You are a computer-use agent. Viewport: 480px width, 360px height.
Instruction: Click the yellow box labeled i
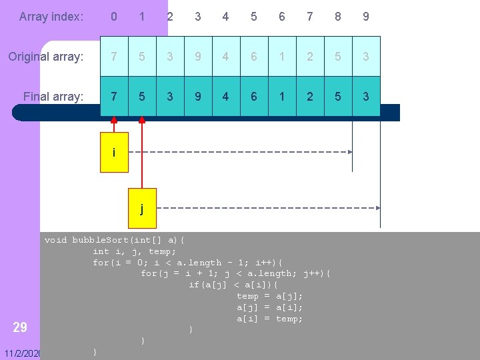114,153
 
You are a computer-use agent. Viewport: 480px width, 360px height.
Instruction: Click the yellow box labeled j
141,209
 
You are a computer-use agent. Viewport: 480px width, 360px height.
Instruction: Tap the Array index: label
51,17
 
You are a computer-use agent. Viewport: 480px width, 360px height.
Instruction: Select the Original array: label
46,57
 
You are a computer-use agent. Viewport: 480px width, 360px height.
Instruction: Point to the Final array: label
53,97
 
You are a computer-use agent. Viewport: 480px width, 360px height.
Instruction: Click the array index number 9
365,17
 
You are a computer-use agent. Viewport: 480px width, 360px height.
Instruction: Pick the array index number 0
114,17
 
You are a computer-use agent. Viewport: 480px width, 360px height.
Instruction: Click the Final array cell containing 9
198,97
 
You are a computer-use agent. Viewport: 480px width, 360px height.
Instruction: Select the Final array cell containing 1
282,97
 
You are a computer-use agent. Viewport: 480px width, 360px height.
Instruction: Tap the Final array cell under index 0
114,97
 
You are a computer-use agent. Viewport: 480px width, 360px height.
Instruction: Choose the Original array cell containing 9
198,57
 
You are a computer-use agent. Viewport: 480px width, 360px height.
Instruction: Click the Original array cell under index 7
310,57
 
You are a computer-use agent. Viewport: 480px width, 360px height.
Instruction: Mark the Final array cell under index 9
366,97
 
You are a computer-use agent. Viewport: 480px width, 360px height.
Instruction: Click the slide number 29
20,327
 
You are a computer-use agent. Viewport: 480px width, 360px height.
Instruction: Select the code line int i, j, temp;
135,251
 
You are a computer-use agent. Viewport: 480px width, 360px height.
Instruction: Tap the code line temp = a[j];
269,296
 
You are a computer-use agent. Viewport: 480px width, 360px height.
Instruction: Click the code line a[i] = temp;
269,319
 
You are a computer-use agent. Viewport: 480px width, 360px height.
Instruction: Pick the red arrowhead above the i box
114,121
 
